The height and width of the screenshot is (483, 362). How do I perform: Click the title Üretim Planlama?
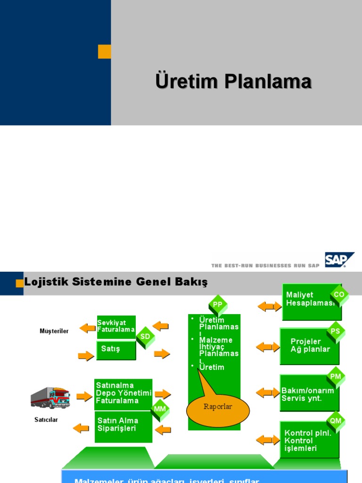coord(233,81)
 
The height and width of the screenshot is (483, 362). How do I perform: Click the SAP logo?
coord(339,260)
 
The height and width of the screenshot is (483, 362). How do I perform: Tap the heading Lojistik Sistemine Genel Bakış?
coord(116,282)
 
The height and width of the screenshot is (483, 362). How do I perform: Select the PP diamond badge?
coord(218,305)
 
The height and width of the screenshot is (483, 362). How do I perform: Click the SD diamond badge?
coord(145,337)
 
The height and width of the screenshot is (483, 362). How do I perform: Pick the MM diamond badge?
coord(160,409)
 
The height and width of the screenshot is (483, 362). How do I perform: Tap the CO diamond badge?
coord(339,295)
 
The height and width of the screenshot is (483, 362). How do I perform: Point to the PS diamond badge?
coord(335,331)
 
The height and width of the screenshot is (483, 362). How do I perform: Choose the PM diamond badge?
coord(336,376)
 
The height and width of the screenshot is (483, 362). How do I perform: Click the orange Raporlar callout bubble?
coord(218,409)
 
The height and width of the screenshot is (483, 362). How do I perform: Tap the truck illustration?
coord(50,398)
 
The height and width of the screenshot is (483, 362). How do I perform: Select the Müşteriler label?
coord(54,331)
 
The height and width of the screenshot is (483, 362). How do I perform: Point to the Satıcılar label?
coord(46,420)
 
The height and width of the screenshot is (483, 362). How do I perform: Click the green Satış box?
coord(116,350)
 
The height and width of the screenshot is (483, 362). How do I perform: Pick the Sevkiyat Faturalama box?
coord(116,326)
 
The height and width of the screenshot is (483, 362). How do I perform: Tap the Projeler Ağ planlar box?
coord(309,346)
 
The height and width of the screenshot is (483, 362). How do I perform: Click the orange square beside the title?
coord(104,52)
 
